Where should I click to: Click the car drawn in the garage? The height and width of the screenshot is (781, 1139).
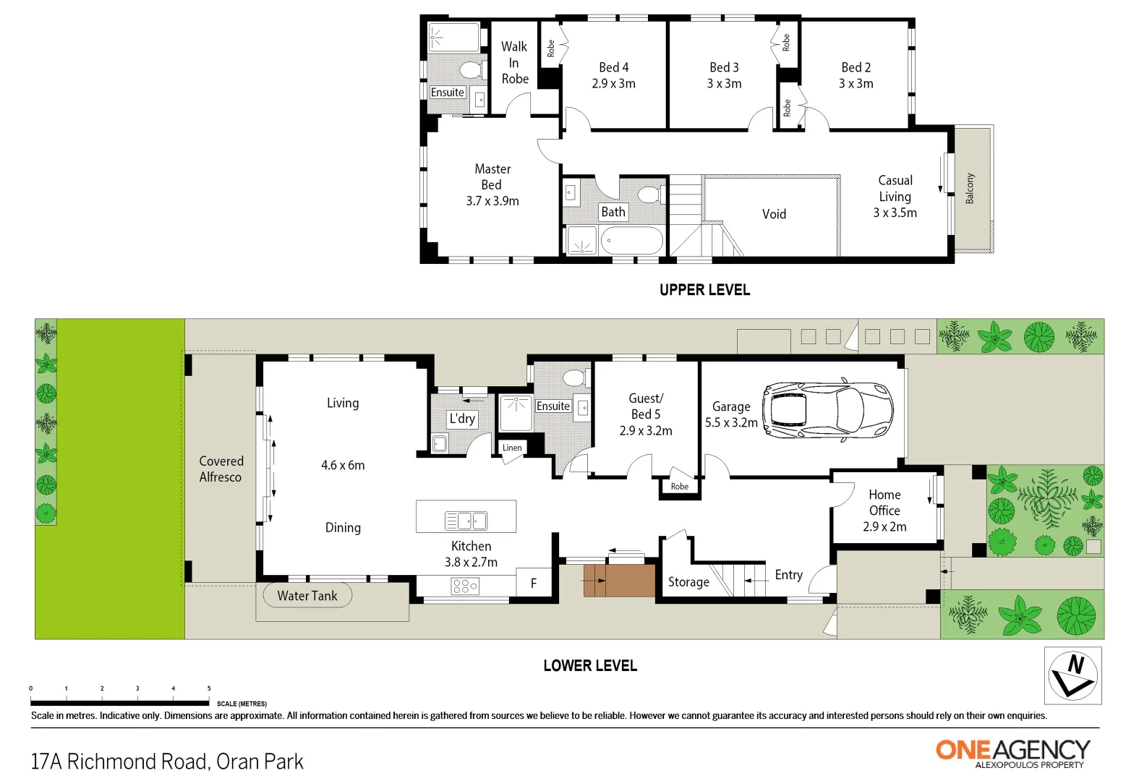click(x=827, y=410)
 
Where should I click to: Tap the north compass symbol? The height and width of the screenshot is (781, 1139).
click(x=1072, y=675)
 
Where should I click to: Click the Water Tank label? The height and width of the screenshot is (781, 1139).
click(x=307, y=596)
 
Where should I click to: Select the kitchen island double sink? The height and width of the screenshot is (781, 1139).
click(x=466, y=520)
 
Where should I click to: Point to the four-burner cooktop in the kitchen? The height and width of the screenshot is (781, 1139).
click(x=464, y=586)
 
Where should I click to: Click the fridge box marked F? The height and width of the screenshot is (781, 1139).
click(x=534, y=583)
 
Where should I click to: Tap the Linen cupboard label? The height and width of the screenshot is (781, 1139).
click(x=512, y=448)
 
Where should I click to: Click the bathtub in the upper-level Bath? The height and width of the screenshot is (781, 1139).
click(x=631, y=241)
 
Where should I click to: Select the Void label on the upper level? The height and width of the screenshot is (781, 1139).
click(x=774, y=214)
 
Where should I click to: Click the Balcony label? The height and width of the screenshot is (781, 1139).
click(x=970, y=188)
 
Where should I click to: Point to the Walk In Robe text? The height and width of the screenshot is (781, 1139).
click(x=515, y=63)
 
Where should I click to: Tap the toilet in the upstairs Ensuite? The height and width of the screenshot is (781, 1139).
click(x=471, y=70)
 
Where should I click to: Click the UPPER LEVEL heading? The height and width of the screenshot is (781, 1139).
click(x=704, y=290)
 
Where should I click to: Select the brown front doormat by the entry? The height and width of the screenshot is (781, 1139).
click(x=619, y=580)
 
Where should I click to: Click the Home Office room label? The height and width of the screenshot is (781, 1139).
click(x=884, y=503)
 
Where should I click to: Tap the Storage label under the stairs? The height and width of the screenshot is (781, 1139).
click(x=688, y=582)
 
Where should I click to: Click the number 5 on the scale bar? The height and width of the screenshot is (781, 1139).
click(x=209, y=688)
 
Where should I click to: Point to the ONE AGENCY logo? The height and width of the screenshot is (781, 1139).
click(x=1012, y=752)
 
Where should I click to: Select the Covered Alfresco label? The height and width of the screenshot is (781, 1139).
click(x=221, y=469)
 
